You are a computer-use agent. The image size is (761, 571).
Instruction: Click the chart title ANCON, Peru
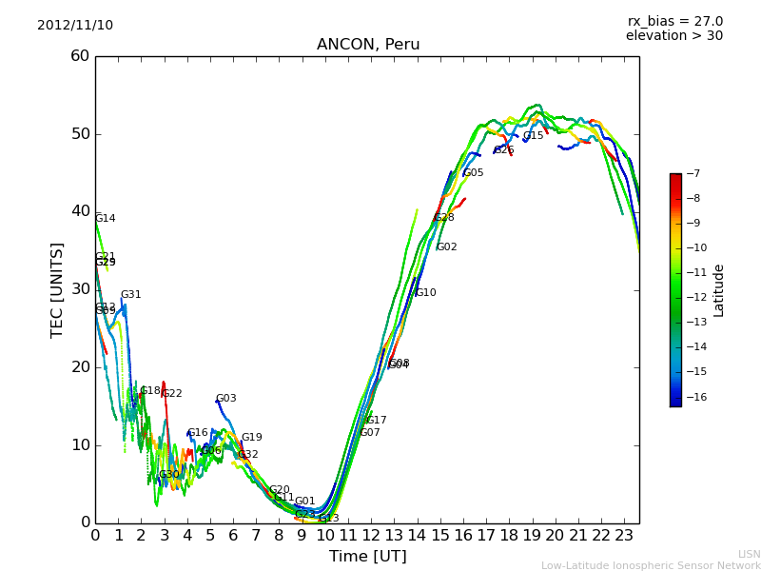[368, 45]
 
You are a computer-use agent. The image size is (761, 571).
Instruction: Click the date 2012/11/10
[75, 25]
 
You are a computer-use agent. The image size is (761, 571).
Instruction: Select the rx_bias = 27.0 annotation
[674, 21]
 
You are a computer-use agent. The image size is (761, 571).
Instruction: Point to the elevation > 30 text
[673, 36]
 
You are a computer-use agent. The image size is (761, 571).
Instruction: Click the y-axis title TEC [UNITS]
[57, 289]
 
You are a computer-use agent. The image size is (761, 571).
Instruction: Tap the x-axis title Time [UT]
[367, 557]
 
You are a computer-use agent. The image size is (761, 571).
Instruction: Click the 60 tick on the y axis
[80, 56]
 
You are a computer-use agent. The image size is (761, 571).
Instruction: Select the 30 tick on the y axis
[80, 289]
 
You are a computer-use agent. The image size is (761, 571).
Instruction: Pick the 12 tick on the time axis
[371, 536]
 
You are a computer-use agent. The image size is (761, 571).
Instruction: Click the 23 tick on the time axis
[624, 536]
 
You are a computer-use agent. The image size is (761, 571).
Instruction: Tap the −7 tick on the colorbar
[692, 174]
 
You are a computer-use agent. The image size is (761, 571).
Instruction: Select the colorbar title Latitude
[719, 289]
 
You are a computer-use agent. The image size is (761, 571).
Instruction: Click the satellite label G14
[105, 219]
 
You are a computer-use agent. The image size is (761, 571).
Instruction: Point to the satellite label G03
[225, 399]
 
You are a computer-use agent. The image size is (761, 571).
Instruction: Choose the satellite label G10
[425, 293]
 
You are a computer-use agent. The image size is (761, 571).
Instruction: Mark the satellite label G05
[473, 173]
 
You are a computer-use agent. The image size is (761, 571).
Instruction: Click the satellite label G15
[533, 136]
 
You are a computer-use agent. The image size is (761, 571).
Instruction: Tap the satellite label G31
[130, 295]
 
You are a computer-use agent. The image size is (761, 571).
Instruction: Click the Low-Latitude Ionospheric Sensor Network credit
[651, 565]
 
